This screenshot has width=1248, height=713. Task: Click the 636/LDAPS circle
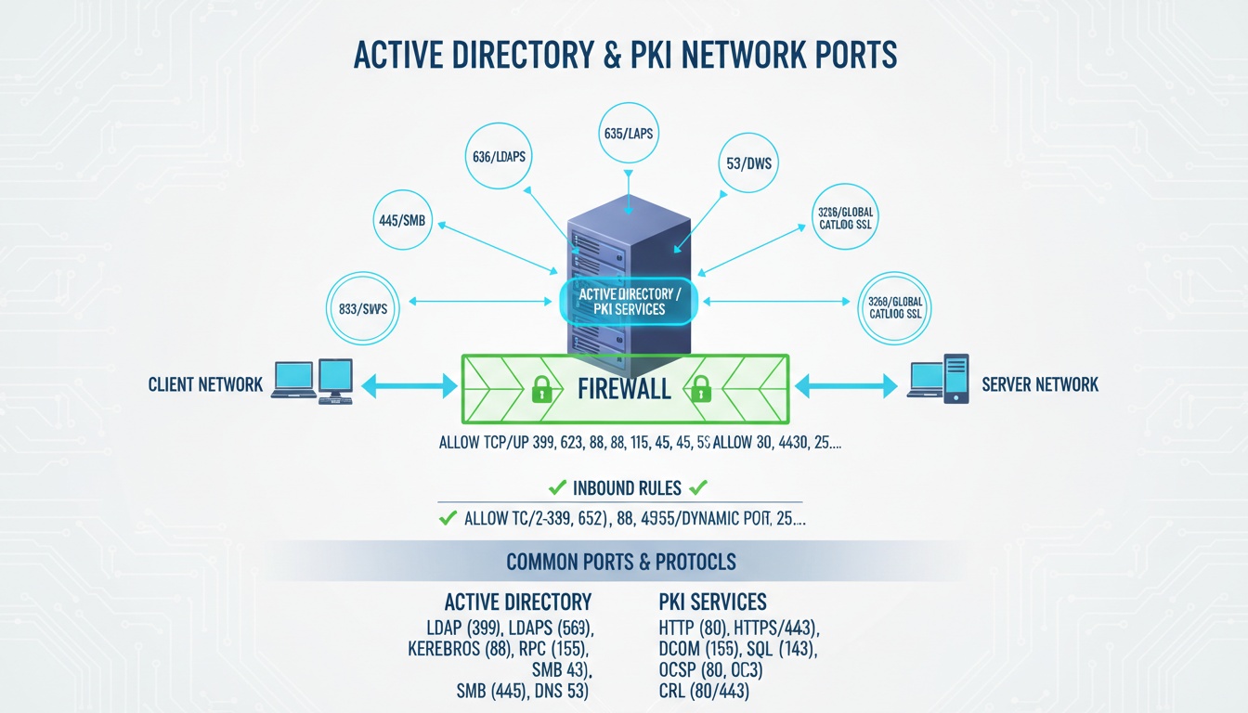click(x=499, y=156)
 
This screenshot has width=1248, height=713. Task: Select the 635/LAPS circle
click(x=629, y=133)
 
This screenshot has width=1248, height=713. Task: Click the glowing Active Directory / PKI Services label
click(x=630, y=301)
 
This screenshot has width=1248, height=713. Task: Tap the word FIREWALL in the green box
click(x=624, y=387)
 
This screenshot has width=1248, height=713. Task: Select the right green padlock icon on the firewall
click(x=701, y=388)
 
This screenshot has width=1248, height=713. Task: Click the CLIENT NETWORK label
click(x=205, y=384)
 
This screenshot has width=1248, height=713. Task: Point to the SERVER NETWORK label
click(x=1040, y=384)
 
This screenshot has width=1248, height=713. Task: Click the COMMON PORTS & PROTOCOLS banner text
click(x=621, y=562)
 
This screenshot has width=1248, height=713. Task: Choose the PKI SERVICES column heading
click(x=712, y=601)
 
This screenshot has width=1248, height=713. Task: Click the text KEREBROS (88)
click(x=457, y=649)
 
